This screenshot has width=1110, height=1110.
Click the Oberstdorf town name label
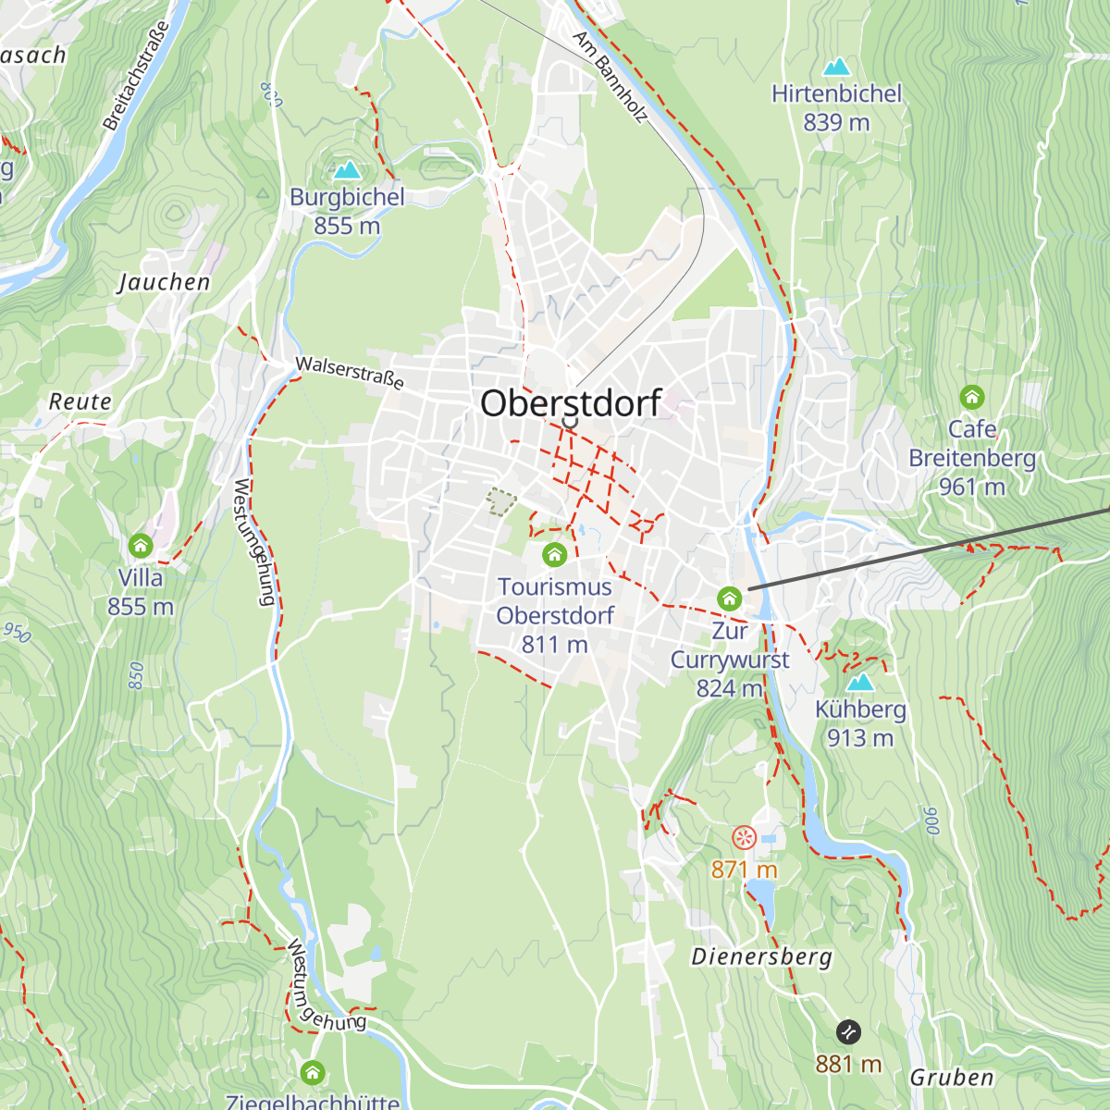571,403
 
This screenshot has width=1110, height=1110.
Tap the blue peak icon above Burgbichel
348,170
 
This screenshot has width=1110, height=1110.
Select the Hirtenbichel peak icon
836,67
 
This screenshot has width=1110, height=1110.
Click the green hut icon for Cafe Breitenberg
971,398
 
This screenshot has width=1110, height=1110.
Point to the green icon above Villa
141,546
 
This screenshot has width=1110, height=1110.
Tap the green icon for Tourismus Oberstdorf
554,555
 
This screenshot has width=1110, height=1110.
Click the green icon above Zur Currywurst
729,598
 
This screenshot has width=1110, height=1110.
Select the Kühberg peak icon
860,683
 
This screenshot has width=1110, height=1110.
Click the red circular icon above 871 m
744,838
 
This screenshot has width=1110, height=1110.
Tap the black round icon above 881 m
848,1032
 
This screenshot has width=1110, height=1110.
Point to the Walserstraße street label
350,372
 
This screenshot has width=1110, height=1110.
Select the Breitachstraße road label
137,76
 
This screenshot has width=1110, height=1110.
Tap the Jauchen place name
164,282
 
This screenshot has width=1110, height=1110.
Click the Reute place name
80,401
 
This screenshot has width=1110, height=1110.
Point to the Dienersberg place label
761,956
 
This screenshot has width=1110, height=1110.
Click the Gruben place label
952,1077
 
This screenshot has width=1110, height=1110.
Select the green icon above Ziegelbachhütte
313,1073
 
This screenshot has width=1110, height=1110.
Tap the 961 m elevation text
971,487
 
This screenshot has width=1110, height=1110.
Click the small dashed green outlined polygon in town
500,502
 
